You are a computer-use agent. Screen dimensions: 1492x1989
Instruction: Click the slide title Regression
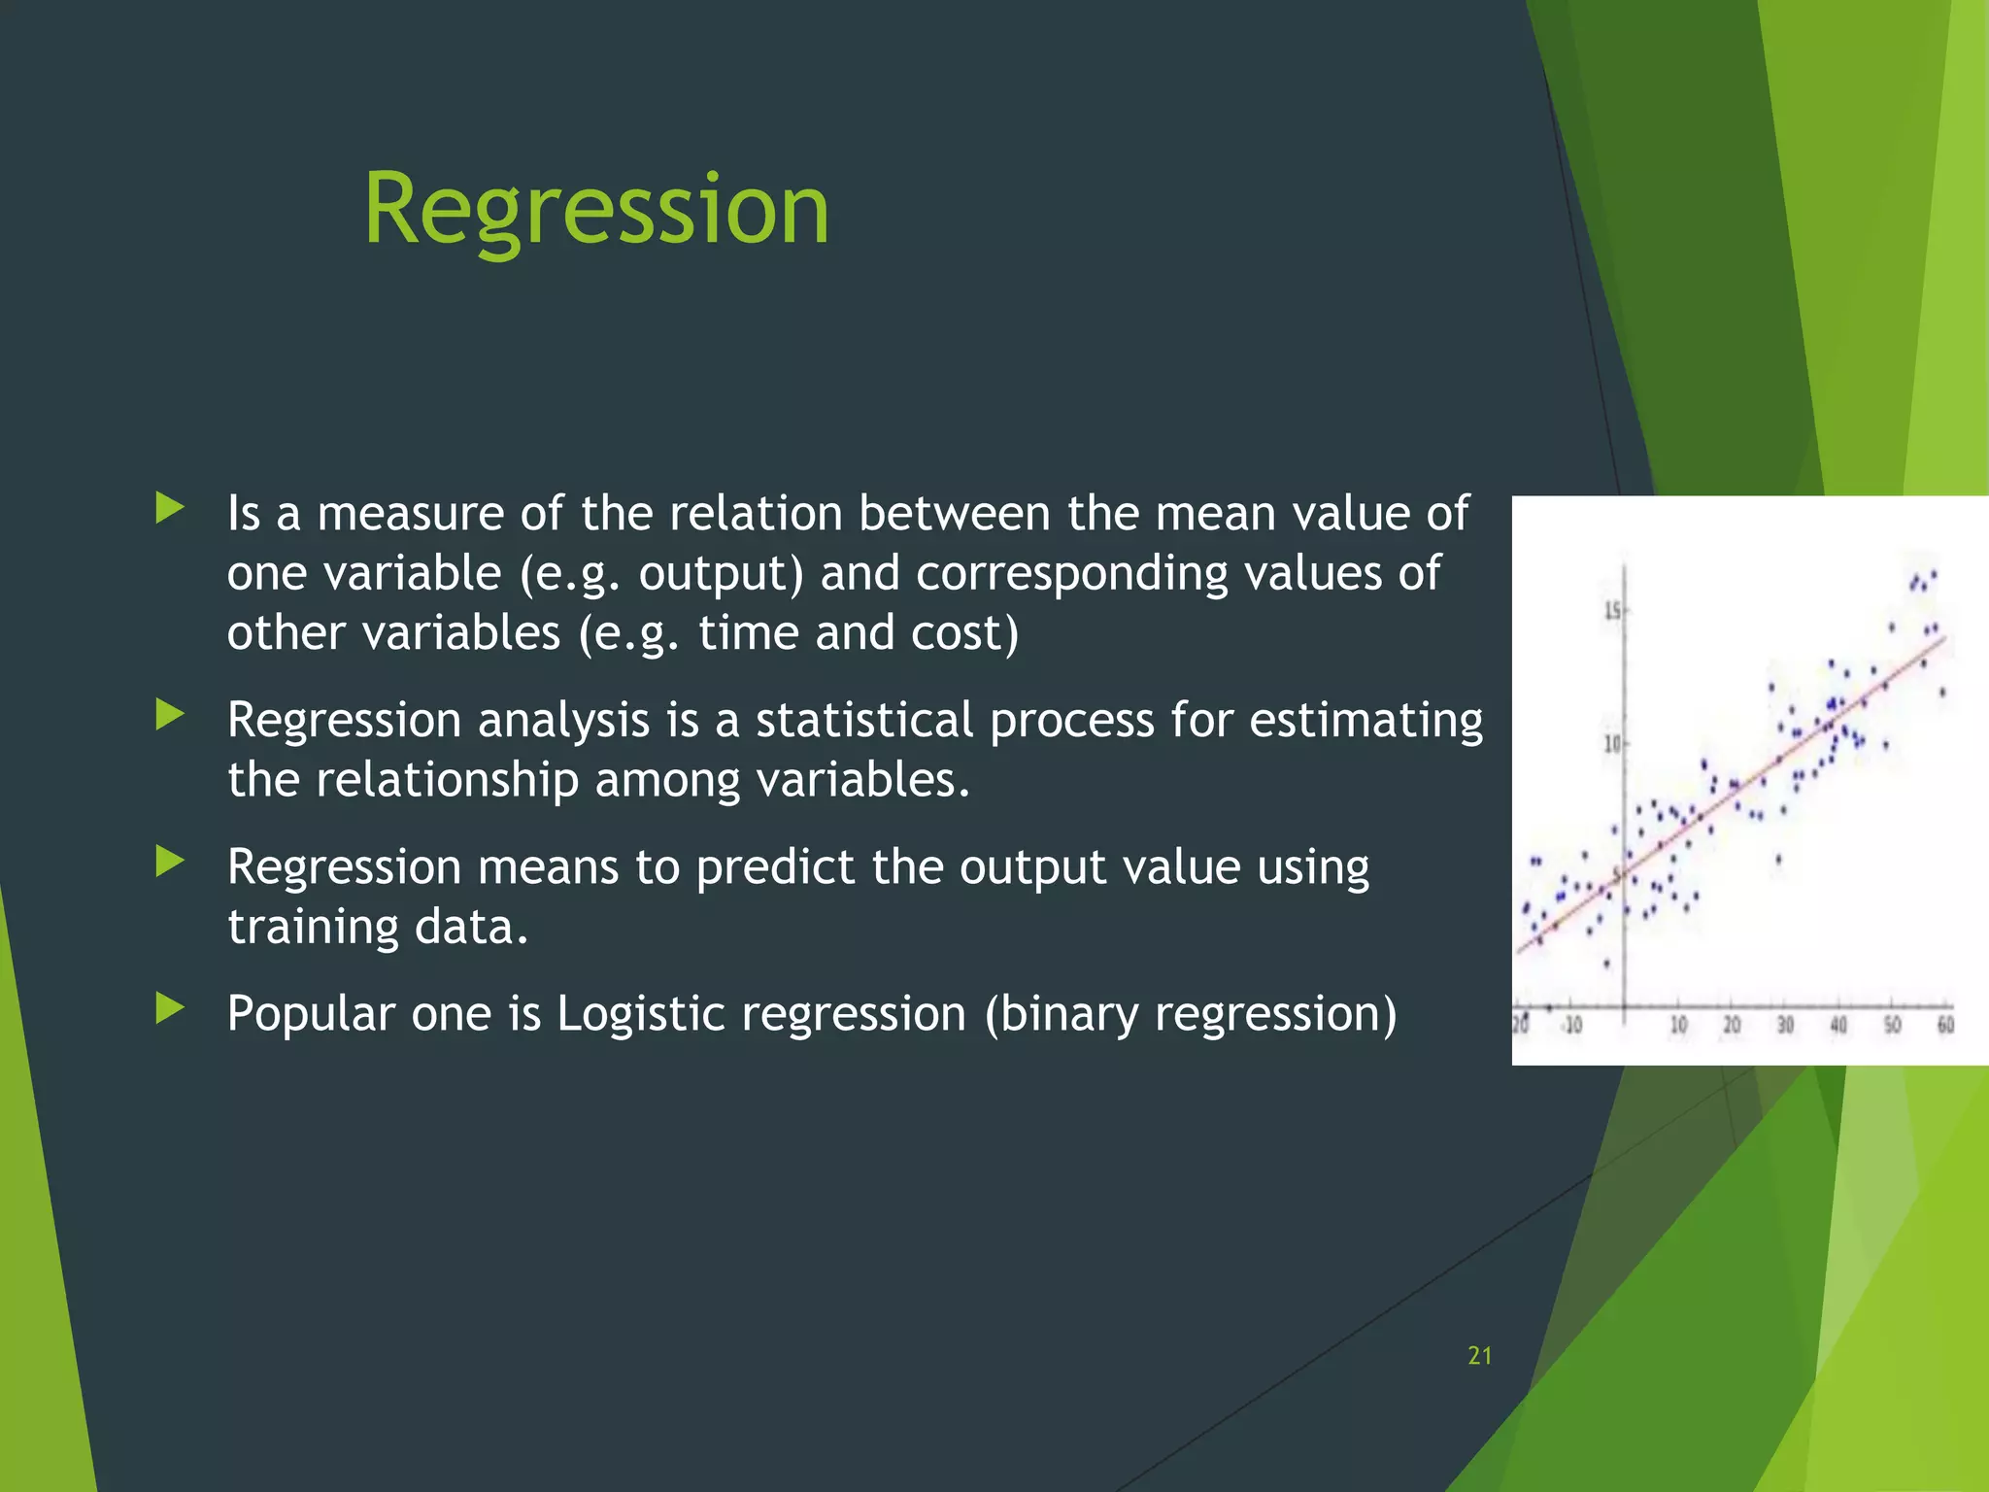click(596, 209)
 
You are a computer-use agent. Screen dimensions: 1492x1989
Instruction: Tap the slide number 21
click(1479, 1356)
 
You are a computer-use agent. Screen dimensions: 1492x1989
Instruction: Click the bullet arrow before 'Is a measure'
click(170, 508)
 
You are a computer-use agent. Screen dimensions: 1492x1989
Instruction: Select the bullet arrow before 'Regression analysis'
click(170, 716)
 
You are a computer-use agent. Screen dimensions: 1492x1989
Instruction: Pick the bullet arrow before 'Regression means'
click(170, 862)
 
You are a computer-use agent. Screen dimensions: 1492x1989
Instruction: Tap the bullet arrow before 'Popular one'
click(170, 1008)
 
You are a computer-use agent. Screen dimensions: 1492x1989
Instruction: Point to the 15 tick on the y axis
click(1612, 611)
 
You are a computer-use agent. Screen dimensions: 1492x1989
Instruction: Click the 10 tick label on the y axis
click(1612, 744)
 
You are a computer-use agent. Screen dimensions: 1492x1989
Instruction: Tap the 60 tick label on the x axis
click(1945, 1026)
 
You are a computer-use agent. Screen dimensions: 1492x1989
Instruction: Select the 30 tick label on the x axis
click(1785, 1026)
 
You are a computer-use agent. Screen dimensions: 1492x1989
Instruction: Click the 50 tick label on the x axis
click(1892, 1026)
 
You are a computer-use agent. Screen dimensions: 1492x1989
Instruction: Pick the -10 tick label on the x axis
click(1571, 1026)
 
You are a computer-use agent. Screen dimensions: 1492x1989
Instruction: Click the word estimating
click(1365, 721)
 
